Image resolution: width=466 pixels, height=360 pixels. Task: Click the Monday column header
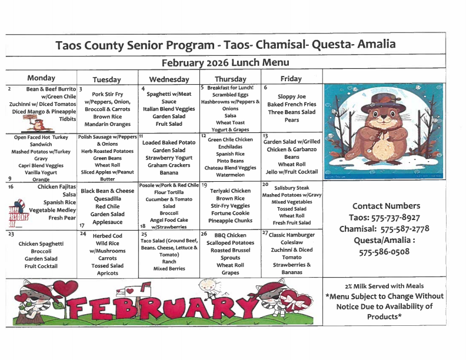(41, 78)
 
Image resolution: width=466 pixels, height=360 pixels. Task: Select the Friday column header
(291, 79)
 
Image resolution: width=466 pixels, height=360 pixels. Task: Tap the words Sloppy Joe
(292, 96)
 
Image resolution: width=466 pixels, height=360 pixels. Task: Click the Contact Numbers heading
(386, 206)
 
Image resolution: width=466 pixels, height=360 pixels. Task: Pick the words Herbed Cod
(107, 236)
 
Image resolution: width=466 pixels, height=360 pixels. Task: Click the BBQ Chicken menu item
(230, 235)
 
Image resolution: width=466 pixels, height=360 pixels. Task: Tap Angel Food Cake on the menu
(169, 219)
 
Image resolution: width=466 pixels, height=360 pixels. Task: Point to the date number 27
(265, 233)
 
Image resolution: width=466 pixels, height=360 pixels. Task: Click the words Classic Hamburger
(292, 235)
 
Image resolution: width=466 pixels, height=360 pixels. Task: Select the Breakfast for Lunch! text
(231, 87)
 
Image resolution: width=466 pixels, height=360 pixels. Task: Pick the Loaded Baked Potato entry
(169, 142)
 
